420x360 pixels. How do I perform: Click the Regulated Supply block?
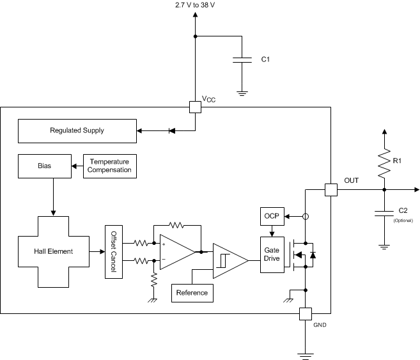pos(77,130)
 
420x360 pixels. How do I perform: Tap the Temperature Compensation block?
pos(111,166)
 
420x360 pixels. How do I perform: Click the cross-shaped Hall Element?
pos(54,251)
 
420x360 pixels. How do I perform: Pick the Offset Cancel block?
pos(114,251)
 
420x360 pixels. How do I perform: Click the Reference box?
pos(192,293)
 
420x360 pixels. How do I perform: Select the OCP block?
pos(270,216)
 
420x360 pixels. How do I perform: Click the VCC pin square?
pos(196,107)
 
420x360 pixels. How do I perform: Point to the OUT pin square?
pos(331,189)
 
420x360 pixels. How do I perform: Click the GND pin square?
pos(306,313)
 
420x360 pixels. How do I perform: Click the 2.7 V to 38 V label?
pos(196,5)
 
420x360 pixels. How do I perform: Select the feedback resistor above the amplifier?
pos(176,225)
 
